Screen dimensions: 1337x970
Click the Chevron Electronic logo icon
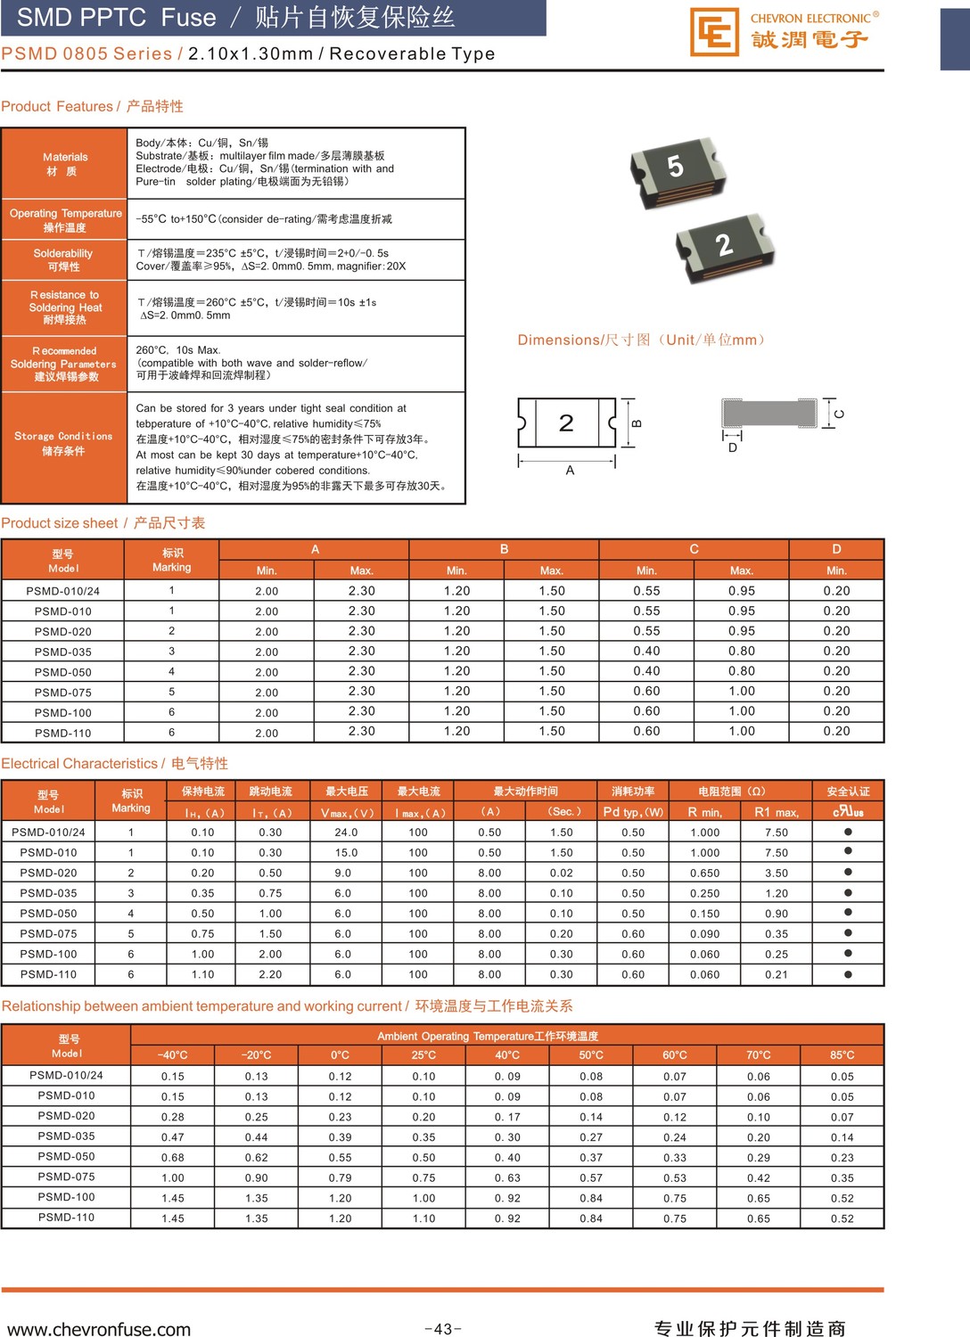pos(714,32)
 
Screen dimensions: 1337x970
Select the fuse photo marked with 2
pos(724,248)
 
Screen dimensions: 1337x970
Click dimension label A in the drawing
pos(570,471)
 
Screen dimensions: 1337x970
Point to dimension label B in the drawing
pos(637,423)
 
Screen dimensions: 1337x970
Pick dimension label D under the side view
pos(733,447)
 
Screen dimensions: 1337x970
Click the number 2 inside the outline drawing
pos(566,422)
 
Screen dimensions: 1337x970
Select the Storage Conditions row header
pos(63,443)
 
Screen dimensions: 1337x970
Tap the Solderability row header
pos(63,259)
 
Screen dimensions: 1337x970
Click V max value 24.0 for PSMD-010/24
pos(346,833)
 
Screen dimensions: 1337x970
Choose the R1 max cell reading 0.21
pos(776,974)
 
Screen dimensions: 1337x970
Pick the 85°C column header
pos(842,1055)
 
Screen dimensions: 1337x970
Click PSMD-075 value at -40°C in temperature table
pos(173,1177)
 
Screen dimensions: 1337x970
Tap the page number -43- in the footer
pos(442,1329)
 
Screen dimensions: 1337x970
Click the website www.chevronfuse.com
pos(99,1329)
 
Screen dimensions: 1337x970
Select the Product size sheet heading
pos(103,523)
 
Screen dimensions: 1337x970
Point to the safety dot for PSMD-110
pos(848,974)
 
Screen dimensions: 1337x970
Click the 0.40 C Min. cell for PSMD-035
pos(646,652)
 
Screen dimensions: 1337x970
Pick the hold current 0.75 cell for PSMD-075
pos(202,934)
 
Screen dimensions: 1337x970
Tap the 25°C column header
pos(423,1055)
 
